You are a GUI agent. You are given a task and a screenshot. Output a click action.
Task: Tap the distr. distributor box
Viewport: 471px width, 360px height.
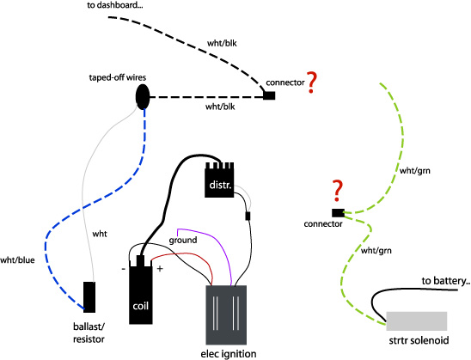coord(219,180)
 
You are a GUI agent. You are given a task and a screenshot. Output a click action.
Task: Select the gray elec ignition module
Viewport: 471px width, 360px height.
coord(226,315)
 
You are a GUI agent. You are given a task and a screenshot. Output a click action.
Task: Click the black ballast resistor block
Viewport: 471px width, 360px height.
coord(89,297)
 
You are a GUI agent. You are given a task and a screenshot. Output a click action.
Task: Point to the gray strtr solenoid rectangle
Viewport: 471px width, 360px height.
coord(417,321)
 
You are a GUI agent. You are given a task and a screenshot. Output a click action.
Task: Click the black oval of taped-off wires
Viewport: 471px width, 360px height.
coord(143,97)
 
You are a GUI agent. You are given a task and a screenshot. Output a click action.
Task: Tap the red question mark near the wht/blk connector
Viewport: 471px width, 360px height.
coord(311,82)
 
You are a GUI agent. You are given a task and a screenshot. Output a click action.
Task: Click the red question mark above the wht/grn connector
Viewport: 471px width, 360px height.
coord(338,191)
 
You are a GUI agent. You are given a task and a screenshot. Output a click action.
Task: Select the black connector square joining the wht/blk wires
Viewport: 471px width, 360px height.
coord(269,95)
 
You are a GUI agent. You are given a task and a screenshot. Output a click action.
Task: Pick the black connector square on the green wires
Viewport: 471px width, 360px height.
coord(338,213)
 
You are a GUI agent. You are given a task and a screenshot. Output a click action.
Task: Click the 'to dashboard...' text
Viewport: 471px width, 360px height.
coord(115,5)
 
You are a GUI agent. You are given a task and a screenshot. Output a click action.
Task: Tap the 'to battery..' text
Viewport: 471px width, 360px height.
coord(446,281)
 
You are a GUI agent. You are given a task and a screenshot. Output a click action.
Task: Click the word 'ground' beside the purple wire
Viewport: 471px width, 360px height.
coord(183,241)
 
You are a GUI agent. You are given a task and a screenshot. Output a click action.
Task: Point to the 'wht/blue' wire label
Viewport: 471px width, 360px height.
coord(17,260)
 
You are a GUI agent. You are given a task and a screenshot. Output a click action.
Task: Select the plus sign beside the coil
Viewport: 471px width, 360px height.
coord(160,268)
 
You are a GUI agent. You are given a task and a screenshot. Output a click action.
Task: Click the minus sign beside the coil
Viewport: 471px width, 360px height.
coord(123,269)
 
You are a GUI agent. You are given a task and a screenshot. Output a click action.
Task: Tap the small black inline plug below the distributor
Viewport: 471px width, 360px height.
coord(248,216)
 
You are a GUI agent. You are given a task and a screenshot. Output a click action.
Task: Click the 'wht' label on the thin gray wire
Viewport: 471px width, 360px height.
coord(100,234)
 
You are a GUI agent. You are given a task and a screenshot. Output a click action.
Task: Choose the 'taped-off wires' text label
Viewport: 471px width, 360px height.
coord(118,77)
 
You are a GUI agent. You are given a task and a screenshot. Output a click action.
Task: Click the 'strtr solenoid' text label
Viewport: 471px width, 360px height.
coord(419,340)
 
